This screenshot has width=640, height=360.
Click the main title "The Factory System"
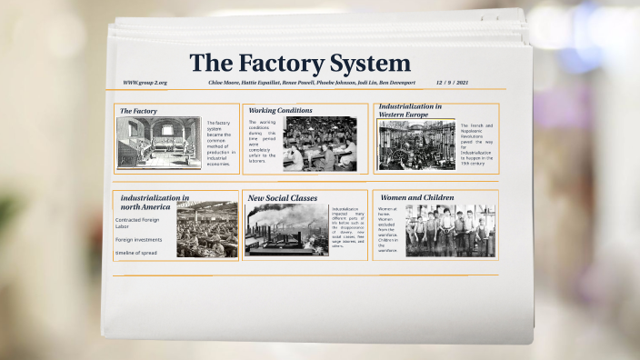[x=300, y=64]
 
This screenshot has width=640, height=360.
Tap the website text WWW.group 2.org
[x=145, y=83]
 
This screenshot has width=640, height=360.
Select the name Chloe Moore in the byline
[x=227, y=83]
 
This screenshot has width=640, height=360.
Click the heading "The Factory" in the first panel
[x=138, y=111]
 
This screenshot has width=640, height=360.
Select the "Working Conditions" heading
[x=280, y=110]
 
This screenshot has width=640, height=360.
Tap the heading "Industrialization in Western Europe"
[x=410, y=110]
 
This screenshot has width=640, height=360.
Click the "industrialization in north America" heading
[x=155, y=202]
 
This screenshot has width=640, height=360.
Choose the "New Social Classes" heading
[x=283, y=197]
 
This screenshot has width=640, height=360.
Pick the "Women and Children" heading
[x=418, y=197]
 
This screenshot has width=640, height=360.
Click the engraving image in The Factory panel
[x=158, y=144]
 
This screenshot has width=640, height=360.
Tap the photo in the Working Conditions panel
[x=320, y=144]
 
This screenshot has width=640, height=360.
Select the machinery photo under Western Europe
[x=416, y=145]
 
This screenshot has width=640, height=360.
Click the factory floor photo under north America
[x=206, y=231]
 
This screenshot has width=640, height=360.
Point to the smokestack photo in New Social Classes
[x=286, y=229]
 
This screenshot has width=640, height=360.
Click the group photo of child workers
[x=449, y=231]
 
